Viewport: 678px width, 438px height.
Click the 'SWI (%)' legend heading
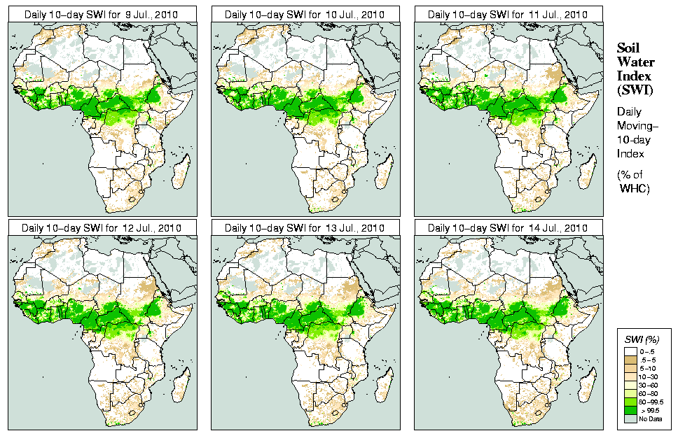(x=641, y=339)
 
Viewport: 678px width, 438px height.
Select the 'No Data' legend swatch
(x=630, y=419)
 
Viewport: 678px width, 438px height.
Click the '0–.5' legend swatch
(x=630, y=349)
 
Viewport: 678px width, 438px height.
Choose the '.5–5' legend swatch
(x=630, y=358)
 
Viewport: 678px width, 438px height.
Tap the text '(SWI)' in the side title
(x=634, y=89)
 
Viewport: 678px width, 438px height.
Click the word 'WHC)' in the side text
(x=635, y=189)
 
